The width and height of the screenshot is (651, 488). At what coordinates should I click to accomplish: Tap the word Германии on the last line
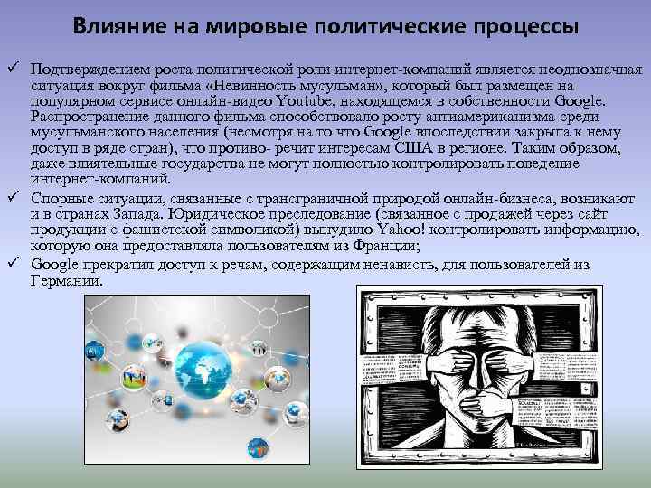tap(66, 281)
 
